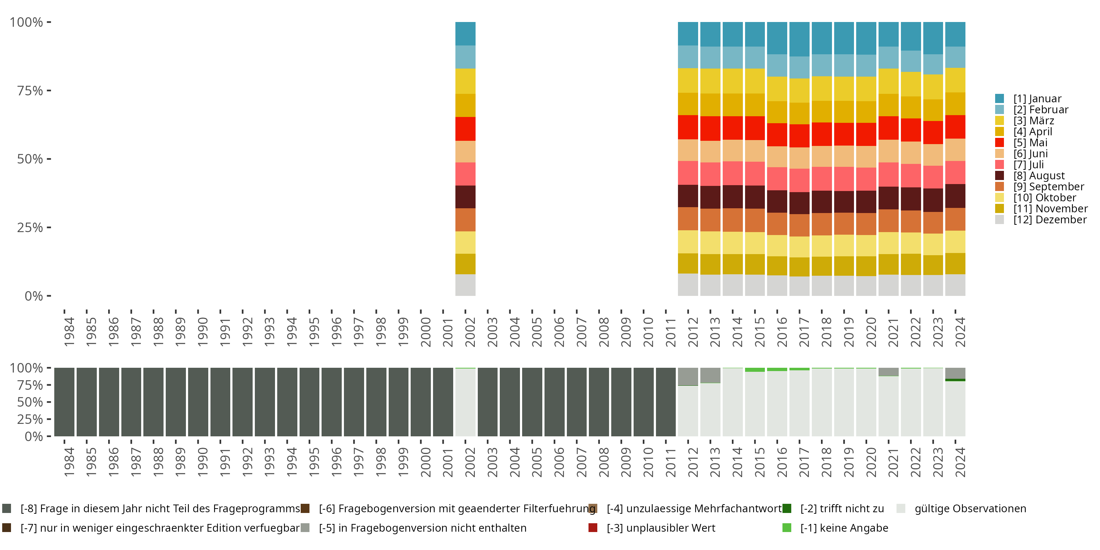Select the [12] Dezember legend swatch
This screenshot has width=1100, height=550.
tap(1000, 220)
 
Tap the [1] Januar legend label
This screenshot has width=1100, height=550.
tap(1037, 99)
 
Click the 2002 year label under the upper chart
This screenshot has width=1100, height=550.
tap(470, 332)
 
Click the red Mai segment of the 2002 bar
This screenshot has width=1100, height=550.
tap(465, 129)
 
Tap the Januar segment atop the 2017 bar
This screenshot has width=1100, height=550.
tap(799, 39)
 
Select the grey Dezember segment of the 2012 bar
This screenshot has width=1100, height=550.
tap(688, 285)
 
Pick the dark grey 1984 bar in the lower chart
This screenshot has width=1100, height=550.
tap(64, 402)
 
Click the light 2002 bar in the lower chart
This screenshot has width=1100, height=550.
tap(465, 402)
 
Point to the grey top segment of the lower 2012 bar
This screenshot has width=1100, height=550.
tap(688, 376)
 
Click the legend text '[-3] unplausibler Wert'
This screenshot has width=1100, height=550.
tap(661, 528)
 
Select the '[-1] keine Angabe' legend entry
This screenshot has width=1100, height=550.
tap(844, 528)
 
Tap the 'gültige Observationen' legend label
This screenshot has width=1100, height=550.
tap(970, 509)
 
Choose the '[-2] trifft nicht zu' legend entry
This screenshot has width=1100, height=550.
tap(841, 509)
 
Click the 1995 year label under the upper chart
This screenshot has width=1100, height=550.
tap(314, 332)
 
